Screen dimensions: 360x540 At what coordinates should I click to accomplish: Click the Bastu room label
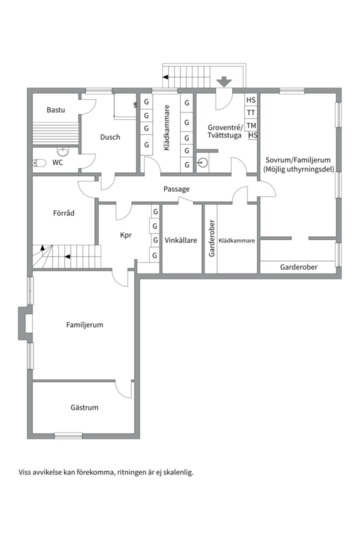pyautogui.click(x=56, y=110)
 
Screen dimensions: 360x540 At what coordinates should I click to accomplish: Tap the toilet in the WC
pyautogui.click(x=39, y=163)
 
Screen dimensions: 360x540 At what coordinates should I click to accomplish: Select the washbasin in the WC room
pyautogui.click(x=62, y=151)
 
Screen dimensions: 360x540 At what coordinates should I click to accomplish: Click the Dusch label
pyautogui.click(x=110, y=137)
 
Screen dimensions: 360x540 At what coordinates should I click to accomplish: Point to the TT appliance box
pyautogui.click(x=251, y=112)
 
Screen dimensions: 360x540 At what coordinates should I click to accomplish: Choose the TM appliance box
pyautogui.click(x=251, y=125)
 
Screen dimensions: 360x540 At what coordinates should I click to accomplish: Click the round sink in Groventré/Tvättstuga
pyautogui.click(x=203, y=162)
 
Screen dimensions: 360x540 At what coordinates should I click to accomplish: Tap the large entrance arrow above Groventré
pyautogui.click(x=224, y=81)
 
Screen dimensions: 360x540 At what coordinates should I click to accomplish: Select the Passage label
pyautogui.click(x=176, y=189)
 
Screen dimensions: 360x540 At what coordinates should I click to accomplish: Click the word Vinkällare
pyautogui.click(x=181, y=240)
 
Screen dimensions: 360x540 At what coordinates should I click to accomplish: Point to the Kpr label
pyautogui.click(x=125, y=235)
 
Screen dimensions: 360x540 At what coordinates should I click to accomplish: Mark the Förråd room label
pyautogui.click(x=63, y=213)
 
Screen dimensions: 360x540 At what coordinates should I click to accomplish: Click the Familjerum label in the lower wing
pyautogui.click(x=84, y=325)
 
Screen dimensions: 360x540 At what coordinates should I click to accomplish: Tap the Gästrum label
pyautogui.click(x=84, y=407)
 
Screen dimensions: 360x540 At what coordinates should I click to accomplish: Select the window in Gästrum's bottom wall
pyautogui.click(x=68, y=435)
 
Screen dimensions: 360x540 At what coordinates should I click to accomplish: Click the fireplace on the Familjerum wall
pyautogui.click(x=25, y=323)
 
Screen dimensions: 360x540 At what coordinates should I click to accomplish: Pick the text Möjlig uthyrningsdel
pyautogui.click(x=298, y=169)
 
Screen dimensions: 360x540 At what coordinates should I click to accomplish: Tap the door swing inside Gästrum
pyautogui.click(x=123, y=390)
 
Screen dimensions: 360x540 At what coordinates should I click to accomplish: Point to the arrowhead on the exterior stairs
pyautogui.click(x=165, y=77)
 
